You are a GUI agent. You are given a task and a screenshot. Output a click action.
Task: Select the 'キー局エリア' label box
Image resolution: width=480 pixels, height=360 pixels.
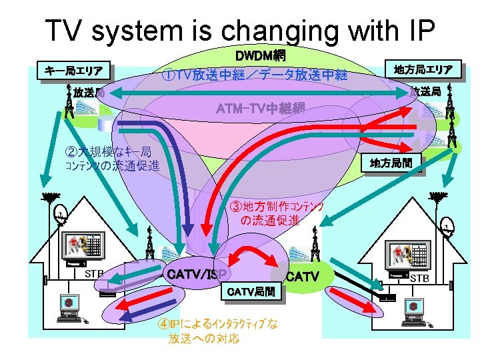[73, 71]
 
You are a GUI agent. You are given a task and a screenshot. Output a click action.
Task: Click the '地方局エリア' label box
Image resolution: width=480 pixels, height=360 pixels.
[423, 69]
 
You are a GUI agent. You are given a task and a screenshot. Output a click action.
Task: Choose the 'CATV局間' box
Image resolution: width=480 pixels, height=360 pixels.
[250, 291]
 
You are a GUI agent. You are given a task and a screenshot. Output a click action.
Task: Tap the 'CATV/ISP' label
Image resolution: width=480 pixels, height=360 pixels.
[197, 273]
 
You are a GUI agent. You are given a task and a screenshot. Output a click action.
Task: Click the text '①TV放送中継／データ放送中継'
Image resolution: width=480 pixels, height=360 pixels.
[255, 75]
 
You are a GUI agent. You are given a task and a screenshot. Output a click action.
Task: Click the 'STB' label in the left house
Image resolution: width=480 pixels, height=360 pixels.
[93, 273]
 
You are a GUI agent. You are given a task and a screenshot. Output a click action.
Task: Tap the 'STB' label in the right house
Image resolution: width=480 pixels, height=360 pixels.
[419, 277]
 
